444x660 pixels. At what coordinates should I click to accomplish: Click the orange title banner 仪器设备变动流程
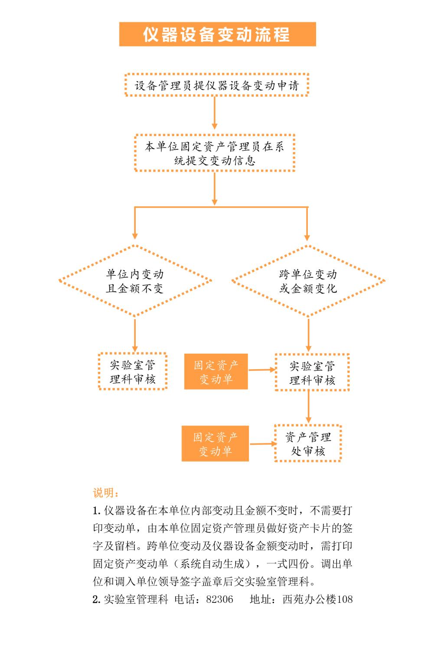218,34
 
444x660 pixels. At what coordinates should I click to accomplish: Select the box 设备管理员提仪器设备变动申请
217,85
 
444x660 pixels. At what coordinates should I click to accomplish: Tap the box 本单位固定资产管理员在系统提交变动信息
215,153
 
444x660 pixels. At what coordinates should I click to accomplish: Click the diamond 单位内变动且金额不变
135,281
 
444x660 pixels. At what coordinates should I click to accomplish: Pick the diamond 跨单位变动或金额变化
308,281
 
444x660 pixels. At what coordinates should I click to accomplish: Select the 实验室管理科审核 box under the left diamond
133,371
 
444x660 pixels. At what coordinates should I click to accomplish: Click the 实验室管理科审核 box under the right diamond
312,372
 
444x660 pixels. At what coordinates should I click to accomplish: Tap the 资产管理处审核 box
308,443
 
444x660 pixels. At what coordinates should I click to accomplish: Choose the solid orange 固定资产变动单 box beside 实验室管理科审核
216,371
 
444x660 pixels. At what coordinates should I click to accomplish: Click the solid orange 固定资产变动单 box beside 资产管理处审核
215,443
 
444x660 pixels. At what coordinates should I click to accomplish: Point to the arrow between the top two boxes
215,113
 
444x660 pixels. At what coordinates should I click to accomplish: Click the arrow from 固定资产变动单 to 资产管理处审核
263,444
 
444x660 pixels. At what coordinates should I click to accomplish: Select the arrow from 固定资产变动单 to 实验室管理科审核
262,370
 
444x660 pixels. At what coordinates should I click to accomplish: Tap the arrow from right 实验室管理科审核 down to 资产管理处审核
308,407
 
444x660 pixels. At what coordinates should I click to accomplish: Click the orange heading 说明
106,493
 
